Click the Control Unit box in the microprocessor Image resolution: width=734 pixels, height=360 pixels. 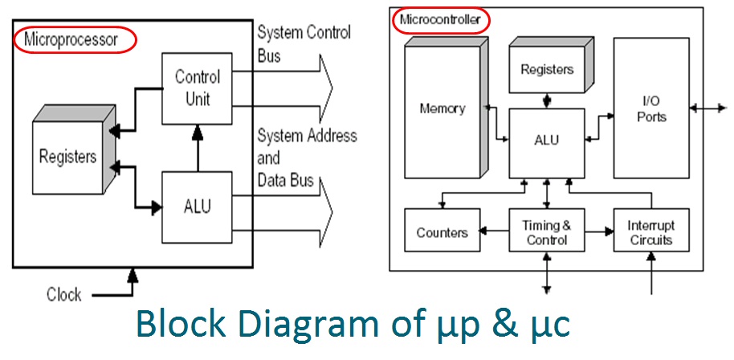[x=198, y=88]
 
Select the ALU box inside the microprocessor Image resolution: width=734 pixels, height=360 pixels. [x=198, y=207]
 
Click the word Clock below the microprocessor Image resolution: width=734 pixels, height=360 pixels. [x=63, y=295]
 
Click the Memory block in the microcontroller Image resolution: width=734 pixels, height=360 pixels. [x=442, y=108]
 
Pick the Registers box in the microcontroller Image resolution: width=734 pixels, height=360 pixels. [x=547, y=69]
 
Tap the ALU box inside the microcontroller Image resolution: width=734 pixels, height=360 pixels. [x=547, y=140]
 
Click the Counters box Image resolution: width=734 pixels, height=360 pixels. [x=442, y=233]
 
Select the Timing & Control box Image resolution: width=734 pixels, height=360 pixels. [x=547, y=233]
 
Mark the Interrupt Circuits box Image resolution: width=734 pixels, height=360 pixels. [x=650, y=233]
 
